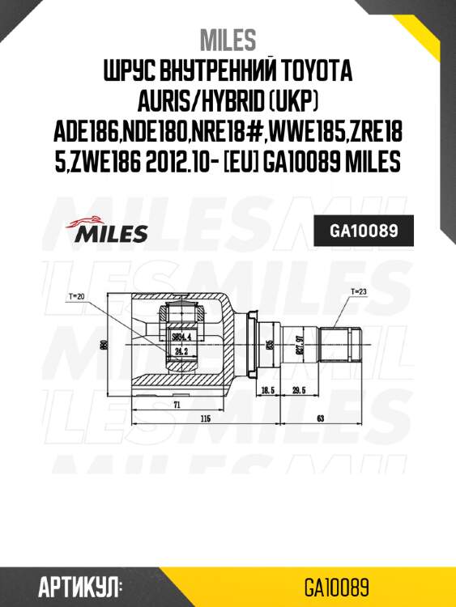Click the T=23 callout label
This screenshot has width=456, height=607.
359,290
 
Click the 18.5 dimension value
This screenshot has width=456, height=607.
268,389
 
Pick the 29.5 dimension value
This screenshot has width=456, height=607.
299,389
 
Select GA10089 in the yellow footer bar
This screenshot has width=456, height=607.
337,585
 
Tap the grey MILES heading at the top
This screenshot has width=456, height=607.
228,38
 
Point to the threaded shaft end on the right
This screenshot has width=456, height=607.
340,345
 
